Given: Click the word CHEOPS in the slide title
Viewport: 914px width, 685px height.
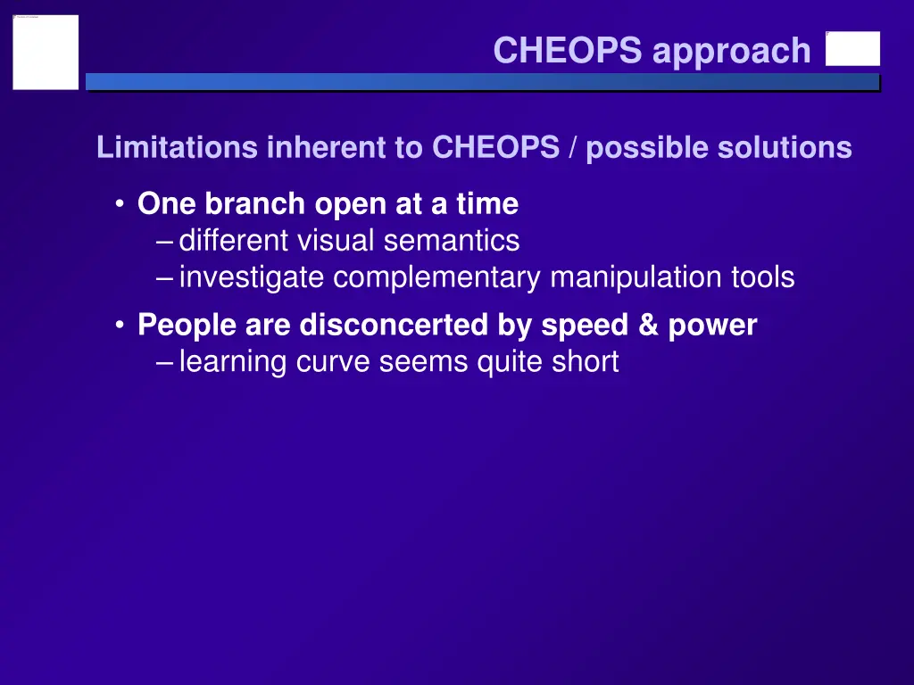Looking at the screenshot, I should [567, 51].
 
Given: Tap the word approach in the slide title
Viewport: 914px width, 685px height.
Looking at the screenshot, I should [731, 51].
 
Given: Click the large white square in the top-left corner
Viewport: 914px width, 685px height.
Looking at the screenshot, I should [46, 52].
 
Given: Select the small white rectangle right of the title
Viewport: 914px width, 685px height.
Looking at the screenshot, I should [852, 49].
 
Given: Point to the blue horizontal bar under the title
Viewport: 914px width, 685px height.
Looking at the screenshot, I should [482, 82].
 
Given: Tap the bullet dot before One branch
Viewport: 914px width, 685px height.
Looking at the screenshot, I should [120, 204].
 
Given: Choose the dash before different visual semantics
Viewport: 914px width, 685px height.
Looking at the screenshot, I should [164, 241].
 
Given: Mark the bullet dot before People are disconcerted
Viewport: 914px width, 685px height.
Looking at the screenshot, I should [120, 326].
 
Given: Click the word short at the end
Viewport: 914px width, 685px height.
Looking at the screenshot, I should [584, 362].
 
